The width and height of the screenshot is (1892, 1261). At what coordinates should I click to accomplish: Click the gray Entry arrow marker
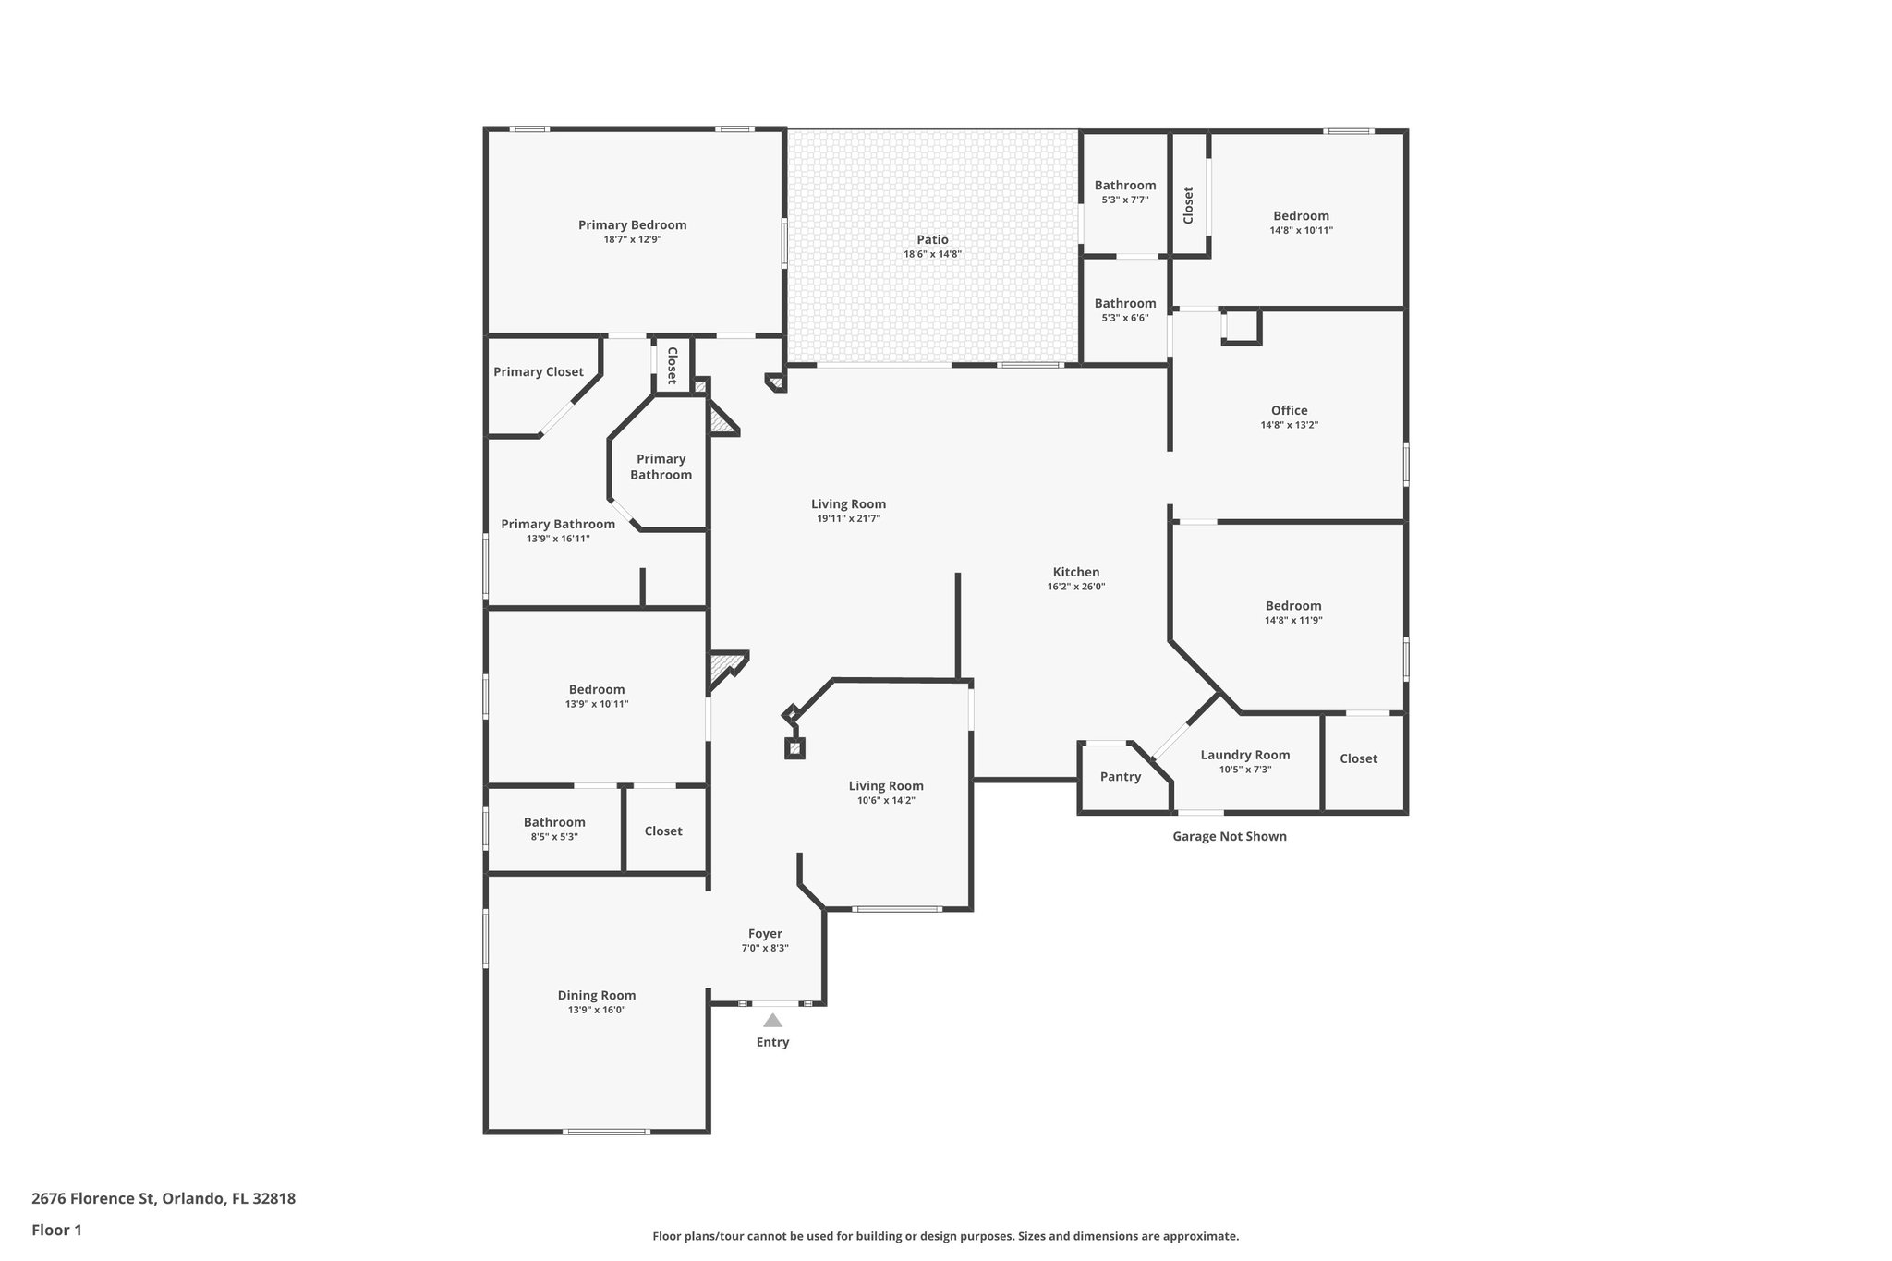(772, 1021)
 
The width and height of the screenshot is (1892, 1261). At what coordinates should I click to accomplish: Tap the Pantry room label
(1120, 777)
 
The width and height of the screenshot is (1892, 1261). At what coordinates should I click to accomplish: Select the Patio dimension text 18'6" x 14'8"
(932, 254)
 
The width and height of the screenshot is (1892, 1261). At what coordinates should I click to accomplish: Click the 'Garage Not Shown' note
(1229, 837)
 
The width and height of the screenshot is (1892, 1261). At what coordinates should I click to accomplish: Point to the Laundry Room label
(1244, 755)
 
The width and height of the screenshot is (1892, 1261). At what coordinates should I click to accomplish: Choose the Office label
(1289, 411)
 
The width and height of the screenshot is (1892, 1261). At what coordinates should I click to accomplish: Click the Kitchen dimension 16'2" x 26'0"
(1075, 587)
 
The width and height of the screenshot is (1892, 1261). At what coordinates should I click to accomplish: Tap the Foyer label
(765, 934)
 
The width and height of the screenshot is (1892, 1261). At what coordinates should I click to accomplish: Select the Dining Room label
(596, 996)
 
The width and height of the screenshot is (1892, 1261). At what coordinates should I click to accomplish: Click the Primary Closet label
(538, 372)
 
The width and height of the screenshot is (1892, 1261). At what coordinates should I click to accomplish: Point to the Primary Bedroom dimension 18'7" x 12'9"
(632, 239)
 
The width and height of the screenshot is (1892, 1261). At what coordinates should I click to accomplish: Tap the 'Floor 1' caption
(56, 1231)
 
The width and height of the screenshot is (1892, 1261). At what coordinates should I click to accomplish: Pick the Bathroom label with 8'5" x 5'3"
(554, 822)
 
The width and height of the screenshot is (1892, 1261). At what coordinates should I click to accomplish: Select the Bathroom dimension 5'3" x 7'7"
(1124, 200)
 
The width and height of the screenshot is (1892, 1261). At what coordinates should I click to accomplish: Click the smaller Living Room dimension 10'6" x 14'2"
(885, 801)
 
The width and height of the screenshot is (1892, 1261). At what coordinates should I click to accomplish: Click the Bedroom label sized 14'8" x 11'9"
(1292, 606)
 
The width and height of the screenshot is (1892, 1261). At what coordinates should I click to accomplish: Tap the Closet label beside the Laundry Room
(1358, 758)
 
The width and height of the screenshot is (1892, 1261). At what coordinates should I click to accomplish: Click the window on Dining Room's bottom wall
(605, 1132)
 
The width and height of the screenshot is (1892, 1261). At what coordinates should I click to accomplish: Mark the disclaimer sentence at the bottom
(945, 1236)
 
